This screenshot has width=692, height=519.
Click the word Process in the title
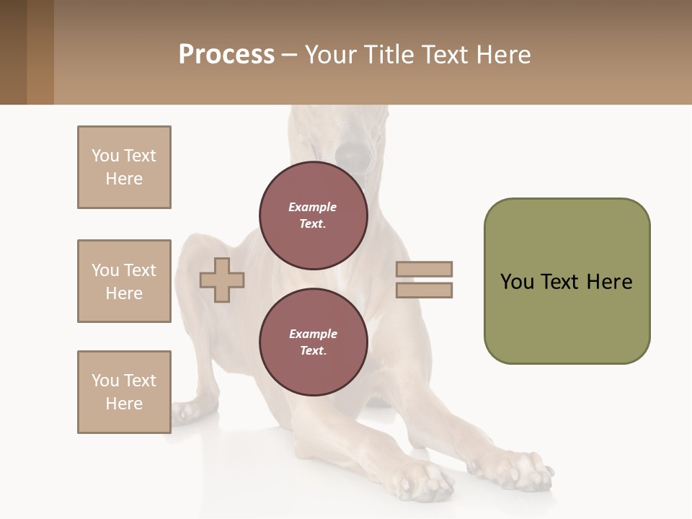(226, 55)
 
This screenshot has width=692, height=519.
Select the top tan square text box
(124, 167)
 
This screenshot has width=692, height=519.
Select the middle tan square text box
(124, 281)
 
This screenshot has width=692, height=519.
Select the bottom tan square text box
(124, 392)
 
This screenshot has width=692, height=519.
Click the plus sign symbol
(222, 280)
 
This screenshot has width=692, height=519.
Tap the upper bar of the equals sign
(425, 270)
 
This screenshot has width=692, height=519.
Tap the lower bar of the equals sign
(425, 290)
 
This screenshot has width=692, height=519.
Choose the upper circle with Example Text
(314, 215)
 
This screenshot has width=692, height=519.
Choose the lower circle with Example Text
(314, 342)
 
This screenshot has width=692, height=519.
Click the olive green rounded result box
(567, 281)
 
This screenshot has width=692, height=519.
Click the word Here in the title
(503, 55)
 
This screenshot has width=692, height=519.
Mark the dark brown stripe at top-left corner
(13, 52)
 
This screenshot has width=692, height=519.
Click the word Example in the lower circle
(313, 334)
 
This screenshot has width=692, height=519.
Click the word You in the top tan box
(105, 156)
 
